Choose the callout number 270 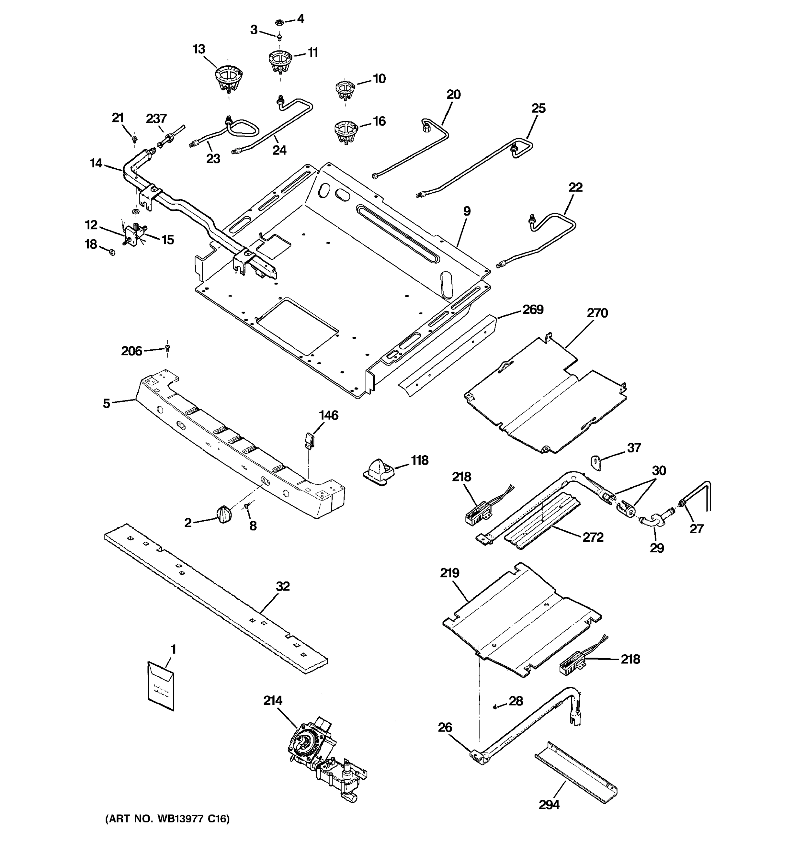(x=597, y=313)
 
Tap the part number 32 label (x=282, y=586)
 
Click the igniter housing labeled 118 (x=378, y=471)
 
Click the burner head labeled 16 (x=345, y=132)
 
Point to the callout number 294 (x=549, y=805)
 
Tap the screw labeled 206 (x=167, y=349)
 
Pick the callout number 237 (x=156, y=119)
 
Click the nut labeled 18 (x=112, y=253)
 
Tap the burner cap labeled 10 (x=345, y=88)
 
